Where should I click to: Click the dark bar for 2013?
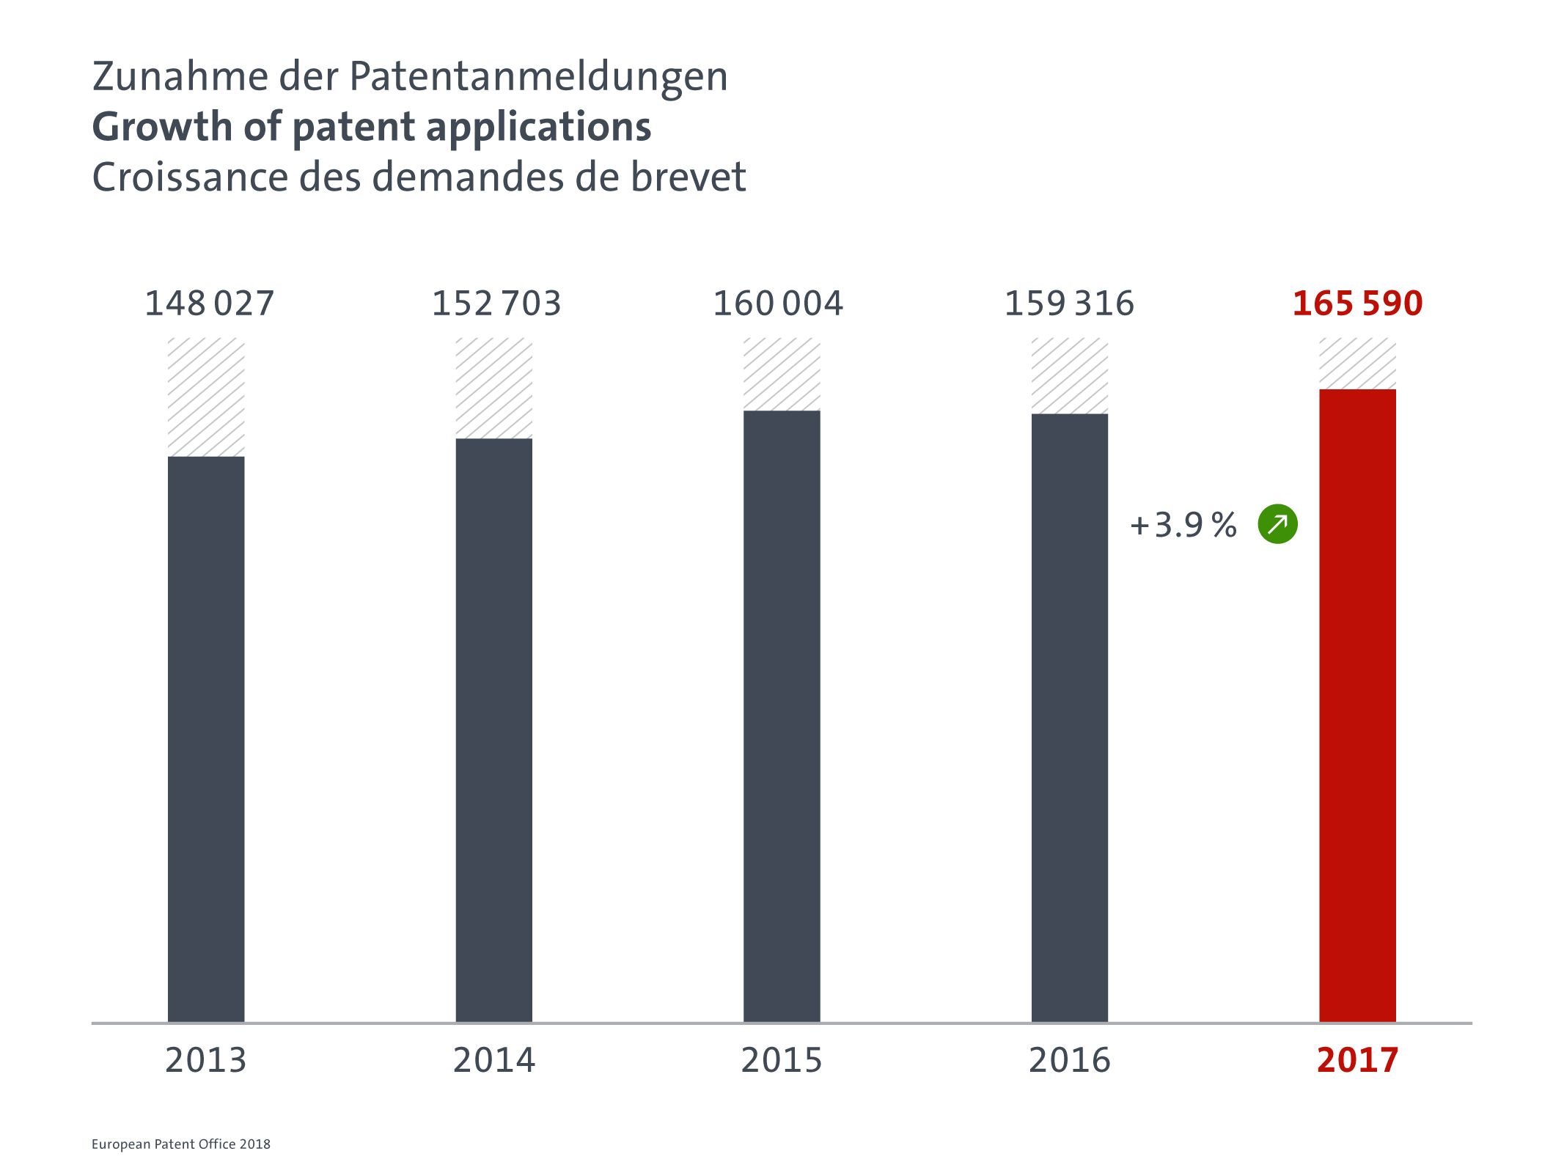pos(206,739)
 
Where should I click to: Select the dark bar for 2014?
pos(494,730)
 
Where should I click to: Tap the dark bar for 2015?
pos(782,716)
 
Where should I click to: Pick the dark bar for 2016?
pos(1070,718)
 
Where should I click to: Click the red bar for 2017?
pos(1357,705)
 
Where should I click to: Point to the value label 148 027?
pos(209,304)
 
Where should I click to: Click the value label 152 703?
pos(496,304)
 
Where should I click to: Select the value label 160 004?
pos(778,304)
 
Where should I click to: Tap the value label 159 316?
pos(1069,304)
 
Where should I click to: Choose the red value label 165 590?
pos(1357,304)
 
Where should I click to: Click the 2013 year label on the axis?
pos(206,1060)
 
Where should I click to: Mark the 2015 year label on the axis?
pos(782,1060)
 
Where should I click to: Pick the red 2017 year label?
pos(1357,1060)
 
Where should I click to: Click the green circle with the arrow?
pos(1277,524)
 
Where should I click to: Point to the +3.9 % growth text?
pos(1183,525)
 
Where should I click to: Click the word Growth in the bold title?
pos(162,127)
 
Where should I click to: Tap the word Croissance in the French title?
pos(190,177)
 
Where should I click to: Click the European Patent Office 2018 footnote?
pos(181,1144)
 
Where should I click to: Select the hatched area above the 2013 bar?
pos(206,397)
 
